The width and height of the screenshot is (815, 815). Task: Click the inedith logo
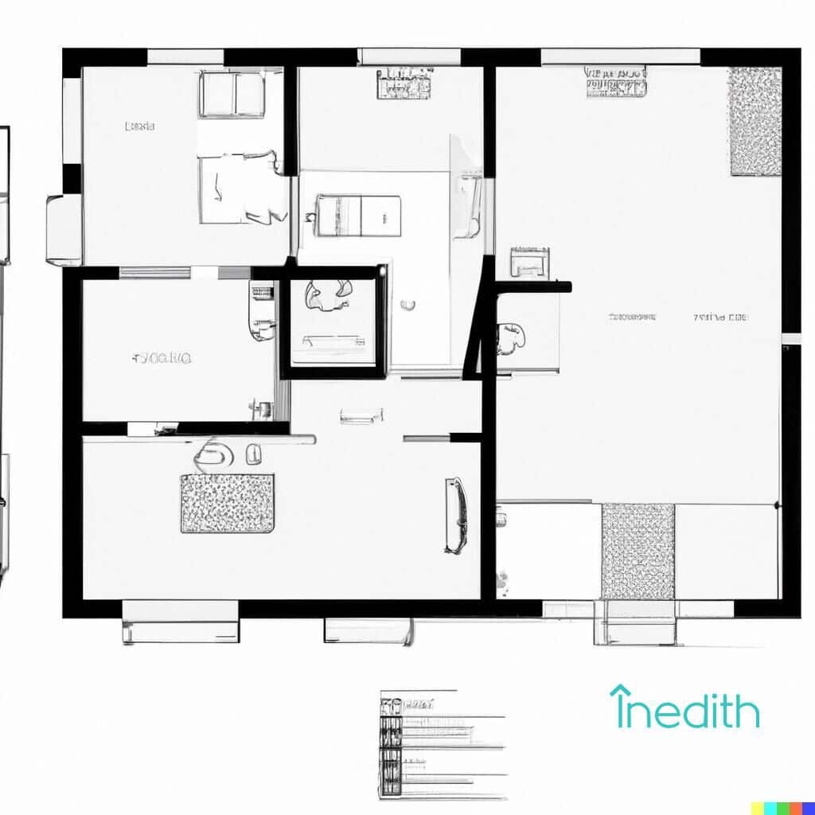[x=684, y=708]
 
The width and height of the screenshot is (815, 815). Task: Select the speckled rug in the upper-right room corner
[x=755, y=121]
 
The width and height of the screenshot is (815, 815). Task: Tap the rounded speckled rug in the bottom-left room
[x=228, y=503]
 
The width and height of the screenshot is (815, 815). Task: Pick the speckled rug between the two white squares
[x=638, y=551]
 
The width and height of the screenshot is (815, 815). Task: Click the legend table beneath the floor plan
[x=442, y=744]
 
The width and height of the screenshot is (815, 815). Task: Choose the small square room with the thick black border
[x=333, y=322]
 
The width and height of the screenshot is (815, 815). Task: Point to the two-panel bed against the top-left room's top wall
[x=232, y=94]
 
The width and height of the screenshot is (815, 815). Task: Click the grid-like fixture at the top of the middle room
[x=404, y=84]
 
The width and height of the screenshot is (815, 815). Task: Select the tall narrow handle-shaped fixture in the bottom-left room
[x=454, y=515]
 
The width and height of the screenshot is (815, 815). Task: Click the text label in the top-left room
[x=140, y=126]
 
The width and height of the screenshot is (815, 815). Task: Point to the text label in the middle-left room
[x=162, y=358]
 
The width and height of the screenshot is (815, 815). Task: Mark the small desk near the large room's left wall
[x=529, y=262]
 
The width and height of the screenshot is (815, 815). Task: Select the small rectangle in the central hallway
[x=361, y=415]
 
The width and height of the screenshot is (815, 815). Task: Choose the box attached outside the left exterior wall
[x=64, y=229]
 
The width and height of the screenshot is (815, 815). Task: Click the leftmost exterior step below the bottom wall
[x=181, y=622]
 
